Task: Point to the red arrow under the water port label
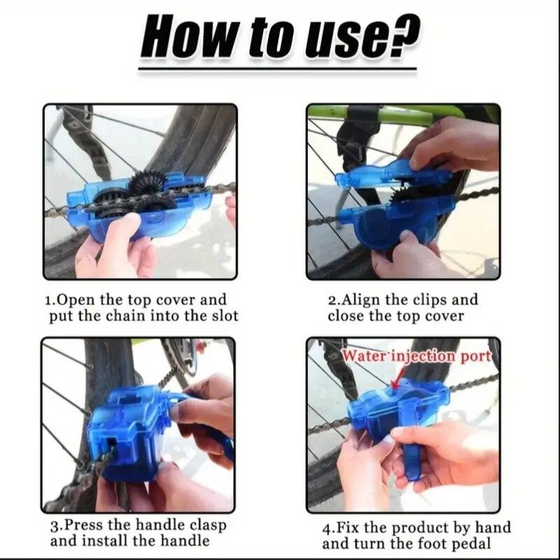(397, 381)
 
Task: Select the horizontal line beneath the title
(280, 69)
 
